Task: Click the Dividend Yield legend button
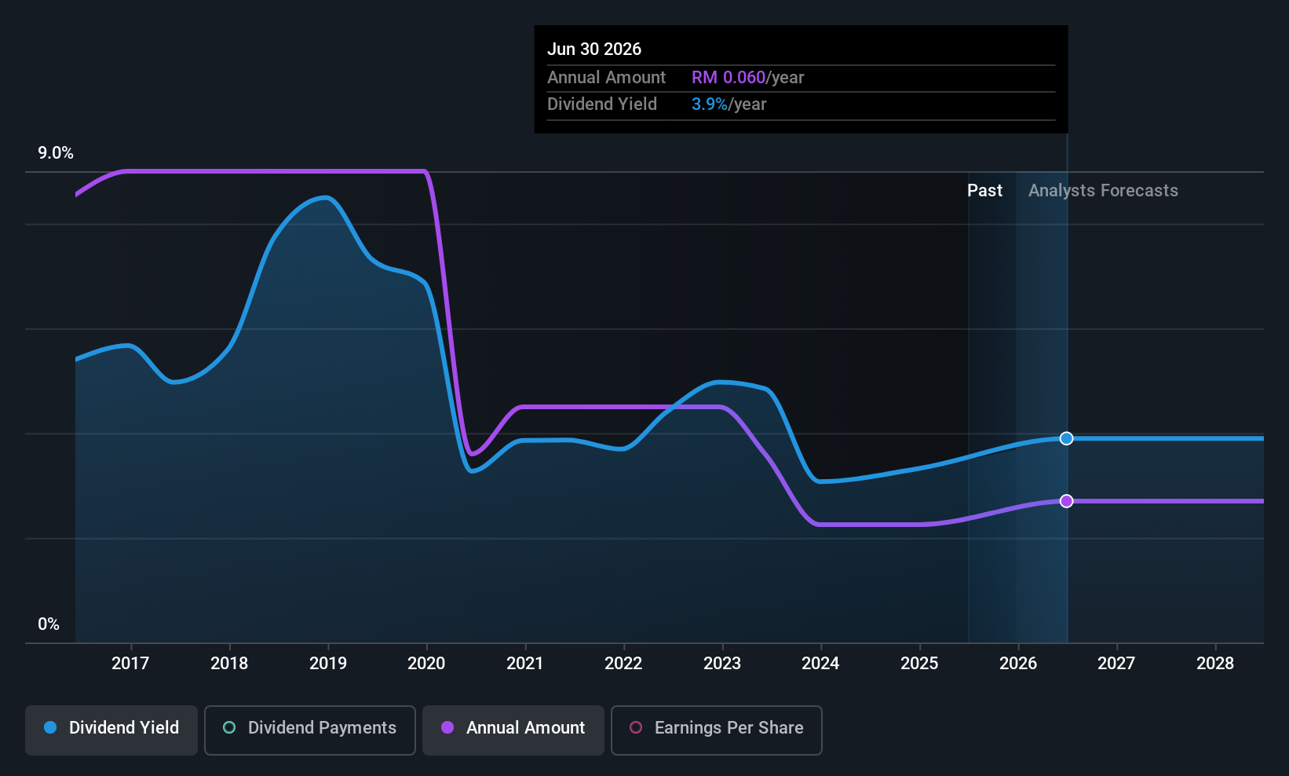pyautogui.click(x=111, y=730)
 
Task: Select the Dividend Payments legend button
pyautogui.click(x=309, y=730)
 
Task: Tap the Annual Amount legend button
pyautogui.click(x=513, y=730)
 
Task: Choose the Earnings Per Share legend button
pyautogui.click(x=717, y=730)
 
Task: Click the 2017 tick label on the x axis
pyautogui.click(x=130, y=663)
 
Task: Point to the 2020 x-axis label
pyautogui.click(x=426, y=663)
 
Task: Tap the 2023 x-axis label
pyautogui.click(x=722, y=663)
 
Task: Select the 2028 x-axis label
pyautogui.click(x=1215, y=663)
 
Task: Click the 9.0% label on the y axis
pyautogui.click(x=56, y=153)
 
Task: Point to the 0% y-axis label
pyautogui.click(x=49, y=624)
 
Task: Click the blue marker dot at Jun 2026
pyautogui.click(x=1066, y=438)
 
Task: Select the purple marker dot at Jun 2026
pyautogui.click(x=1066, y=501)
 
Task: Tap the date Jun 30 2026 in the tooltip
pyautogui.click(x=593, y=49)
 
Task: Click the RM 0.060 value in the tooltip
pyautogui.click(x=728, y=77)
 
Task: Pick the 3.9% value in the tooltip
pyautogui.click(x=710, y=104)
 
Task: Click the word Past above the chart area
pyautogui.click(x=984, y=191)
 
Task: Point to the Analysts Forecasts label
pyautogui.click(x=1103, y=191)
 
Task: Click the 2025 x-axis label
pyautogui.click(x=919, y=663)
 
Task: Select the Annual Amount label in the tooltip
pyautogui.click(x=606, y=77)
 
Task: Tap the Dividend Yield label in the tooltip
pyautogui.click(x=602, y=104)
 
